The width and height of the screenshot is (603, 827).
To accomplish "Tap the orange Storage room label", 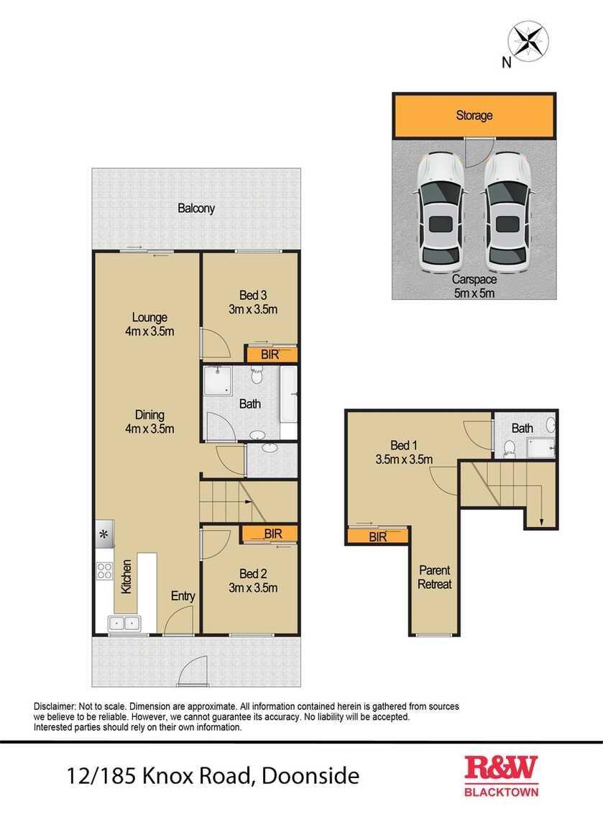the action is pyautogui.click(x=474, y=115).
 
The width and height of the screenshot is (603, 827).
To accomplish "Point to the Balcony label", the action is pyautogui.click(x=196, y=209).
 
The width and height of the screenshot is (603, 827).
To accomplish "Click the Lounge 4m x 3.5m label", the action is pyautogui.click(x=149, y=324).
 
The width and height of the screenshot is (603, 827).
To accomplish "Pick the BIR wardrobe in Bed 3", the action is pyautogui.click(x=272, y=355).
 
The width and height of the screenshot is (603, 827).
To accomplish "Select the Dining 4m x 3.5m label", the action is pyautogui.click(x=149, y=421).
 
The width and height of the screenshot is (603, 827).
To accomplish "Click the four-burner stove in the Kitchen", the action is pyautogui.click(x=104, y=571).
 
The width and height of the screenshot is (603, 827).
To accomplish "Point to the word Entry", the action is pyautogui.click(x=183, y=595).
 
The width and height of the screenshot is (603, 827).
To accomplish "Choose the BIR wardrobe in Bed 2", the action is pyautogui.click(x=272, y=534).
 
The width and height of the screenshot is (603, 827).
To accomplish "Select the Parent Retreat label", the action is pyautogui.click(x=435, y=577).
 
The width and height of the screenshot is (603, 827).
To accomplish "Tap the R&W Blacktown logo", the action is pyautogui.click(x=501, y=775).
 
